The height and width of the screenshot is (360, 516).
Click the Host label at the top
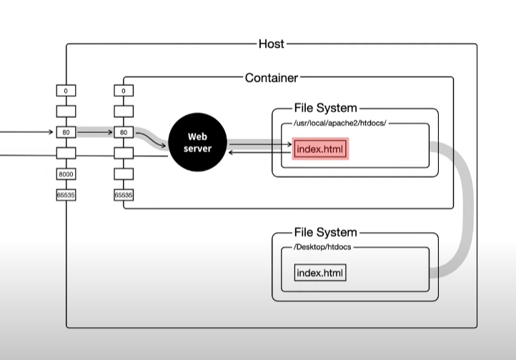(271, 44)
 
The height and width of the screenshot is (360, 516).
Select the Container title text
(271, 77)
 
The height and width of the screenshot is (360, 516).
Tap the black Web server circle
(197, 141)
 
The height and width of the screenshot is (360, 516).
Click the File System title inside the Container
(325, 108)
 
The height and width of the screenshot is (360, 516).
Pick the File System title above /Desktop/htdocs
(325, 233)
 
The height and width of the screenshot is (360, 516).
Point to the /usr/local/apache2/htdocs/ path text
(340, 124)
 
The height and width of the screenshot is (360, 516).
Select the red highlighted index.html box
(320, 149)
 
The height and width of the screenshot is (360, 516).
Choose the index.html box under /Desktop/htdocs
(320, 274)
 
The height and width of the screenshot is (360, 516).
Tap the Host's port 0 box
(66, 91)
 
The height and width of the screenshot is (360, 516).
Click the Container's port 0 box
(123, 91)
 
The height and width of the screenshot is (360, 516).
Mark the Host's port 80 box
(66, 132)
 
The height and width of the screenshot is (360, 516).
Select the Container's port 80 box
(123, 132)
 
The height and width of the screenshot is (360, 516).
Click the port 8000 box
(66, 174)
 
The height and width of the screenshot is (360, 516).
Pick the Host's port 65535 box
(66, 195)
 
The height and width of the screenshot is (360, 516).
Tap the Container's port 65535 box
(123, 195)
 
